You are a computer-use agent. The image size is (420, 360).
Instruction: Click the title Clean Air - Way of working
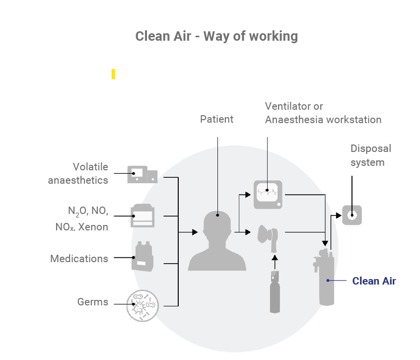(x=216, y=36)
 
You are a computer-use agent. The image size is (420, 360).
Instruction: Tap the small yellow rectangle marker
(x=113, y=74)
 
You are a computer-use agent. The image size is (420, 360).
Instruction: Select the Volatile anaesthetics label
(x=78, y=173)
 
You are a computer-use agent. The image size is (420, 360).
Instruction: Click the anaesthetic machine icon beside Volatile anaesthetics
(x=142, y=174)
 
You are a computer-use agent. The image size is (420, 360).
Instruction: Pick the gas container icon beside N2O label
(x=142, y=216)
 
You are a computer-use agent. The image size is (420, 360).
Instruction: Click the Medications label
(x=79, y=259)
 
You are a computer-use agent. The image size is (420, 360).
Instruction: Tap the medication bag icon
(x=142, y=257)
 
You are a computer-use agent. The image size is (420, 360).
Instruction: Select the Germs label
(x=92, y=301)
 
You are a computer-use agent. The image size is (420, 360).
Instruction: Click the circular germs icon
(x=142, y=304)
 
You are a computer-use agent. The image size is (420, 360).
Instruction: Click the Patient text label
(x=216, y=119)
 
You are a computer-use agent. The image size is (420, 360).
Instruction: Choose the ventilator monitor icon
(x=268, y=194)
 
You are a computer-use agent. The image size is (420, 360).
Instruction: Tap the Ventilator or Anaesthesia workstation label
(x=323, y=113)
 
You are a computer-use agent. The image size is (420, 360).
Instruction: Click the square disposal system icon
(x=351, y=215)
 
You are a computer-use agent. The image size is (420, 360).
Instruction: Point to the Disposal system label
(x=370, y=155)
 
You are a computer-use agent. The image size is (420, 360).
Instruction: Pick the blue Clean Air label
(x=374, y=281)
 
